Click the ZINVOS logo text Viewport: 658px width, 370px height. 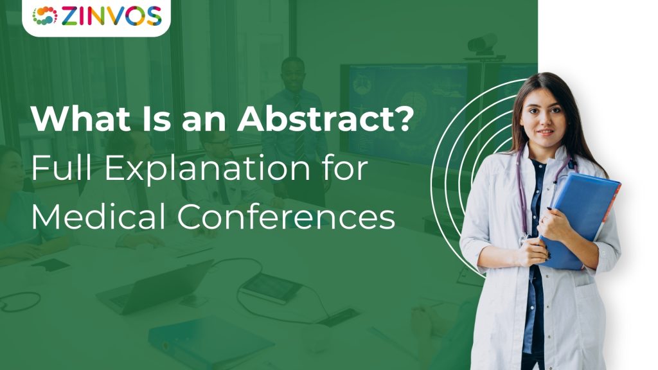click(111, 15)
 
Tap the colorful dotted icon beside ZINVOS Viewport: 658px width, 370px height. click(46, 15)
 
